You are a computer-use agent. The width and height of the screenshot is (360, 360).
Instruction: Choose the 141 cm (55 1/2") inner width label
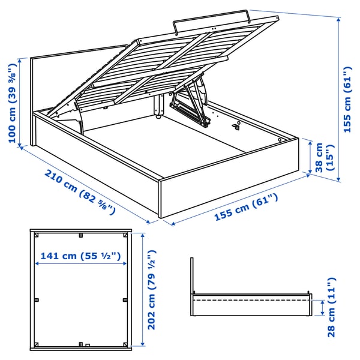[80, 256]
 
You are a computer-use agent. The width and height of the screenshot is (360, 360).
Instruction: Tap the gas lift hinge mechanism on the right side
[192, 105]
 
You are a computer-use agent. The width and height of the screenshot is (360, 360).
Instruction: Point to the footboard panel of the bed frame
[231, 174]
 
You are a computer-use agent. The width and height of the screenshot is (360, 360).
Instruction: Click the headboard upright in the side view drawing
[191, 276]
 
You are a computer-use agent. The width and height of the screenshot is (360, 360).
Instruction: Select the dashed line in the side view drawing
[252, 299]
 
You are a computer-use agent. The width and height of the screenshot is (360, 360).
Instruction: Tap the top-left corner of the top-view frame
[34, 231]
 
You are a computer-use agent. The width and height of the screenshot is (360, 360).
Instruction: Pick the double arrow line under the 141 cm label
[80, 264]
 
